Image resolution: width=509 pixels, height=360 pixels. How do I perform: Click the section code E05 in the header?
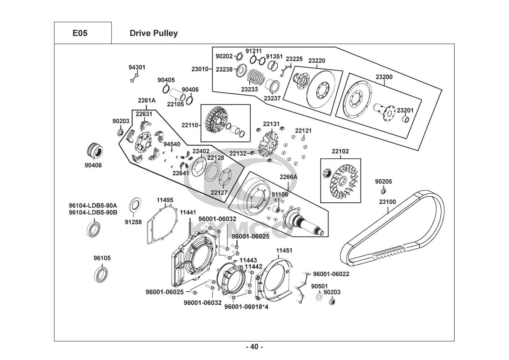tap(79, 33)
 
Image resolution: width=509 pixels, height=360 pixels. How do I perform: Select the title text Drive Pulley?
tap(154, 33)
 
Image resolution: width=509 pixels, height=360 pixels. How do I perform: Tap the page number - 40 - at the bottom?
tap(254, 347)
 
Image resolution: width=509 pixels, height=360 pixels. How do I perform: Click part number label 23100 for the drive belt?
tap(387, 202)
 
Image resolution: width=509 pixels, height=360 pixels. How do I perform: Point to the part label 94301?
tap(137, 67)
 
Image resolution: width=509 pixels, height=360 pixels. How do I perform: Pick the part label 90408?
tap(93, 166)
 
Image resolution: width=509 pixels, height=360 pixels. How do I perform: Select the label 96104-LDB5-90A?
tap(93, 206)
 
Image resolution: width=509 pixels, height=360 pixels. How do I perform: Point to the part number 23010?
tap(200, 69)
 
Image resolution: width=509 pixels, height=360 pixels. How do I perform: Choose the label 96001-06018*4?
tap(246, 307)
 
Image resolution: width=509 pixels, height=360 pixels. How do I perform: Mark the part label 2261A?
tap(146, 101)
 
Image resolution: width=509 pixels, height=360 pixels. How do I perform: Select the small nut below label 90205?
tap(383, 190)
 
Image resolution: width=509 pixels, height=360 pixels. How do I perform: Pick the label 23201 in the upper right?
tap(405, 110)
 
